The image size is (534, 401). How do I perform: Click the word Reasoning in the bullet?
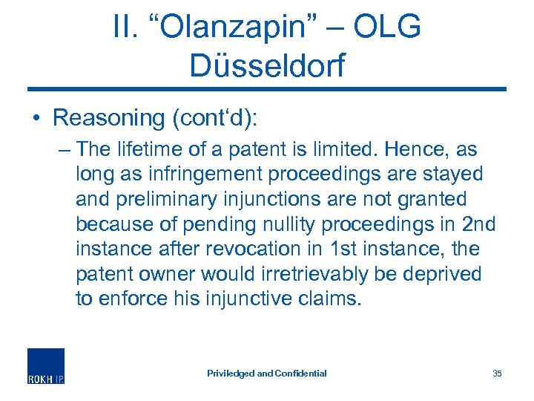(108, 117)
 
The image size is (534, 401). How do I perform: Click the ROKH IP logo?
(46, 366)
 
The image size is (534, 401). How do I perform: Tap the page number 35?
(497, 373)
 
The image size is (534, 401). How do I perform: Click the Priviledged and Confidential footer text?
(267, 373)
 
